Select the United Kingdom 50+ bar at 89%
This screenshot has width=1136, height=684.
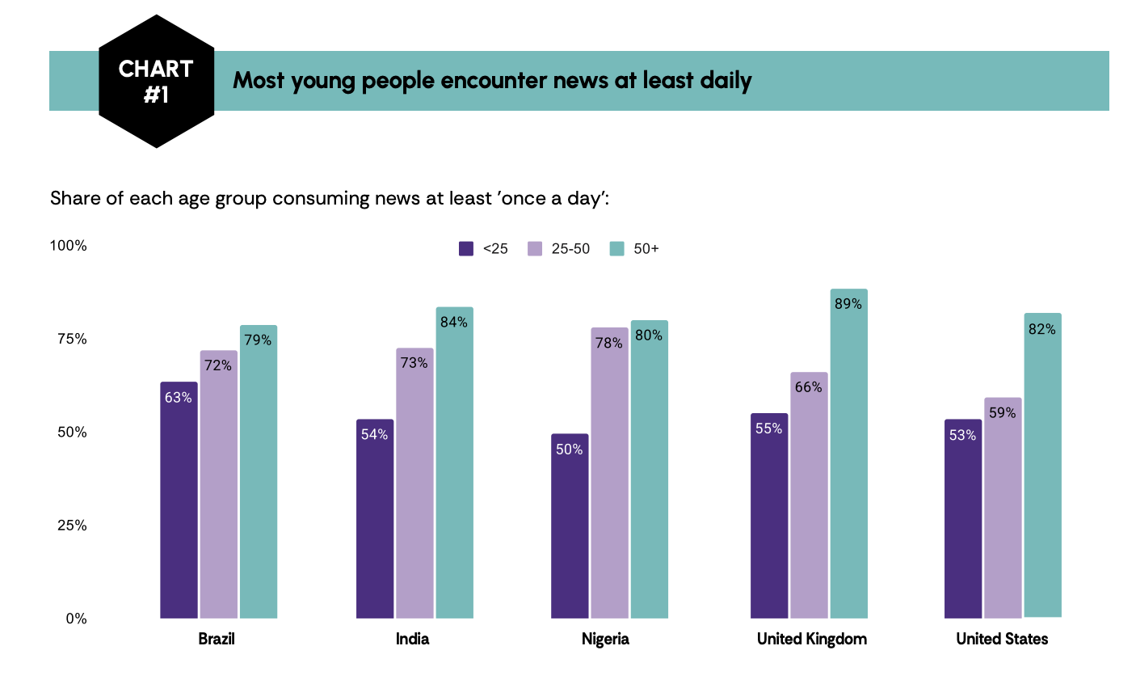tap(848, 454)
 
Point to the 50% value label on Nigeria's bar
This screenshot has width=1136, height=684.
tap(569, 450)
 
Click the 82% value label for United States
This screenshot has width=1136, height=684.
tap(1042, 329)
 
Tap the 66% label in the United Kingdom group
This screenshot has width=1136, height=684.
tap(808, 387)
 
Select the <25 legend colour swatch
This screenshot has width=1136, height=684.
tap(466, 249)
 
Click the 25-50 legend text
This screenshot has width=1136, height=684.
tap(570, 249)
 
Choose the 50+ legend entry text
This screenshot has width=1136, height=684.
tap(646, 249)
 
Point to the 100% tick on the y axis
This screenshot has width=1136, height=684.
tap(69, 246)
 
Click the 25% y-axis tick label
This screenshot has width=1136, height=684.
tap(72, 526)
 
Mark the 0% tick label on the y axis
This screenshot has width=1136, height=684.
tap(76, 619)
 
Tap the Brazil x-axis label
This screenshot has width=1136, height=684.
tap(217, 639)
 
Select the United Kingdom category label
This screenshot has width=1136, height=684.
tap(811, 639)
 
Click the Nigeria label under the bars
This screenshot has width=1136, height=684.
tap(605, 639)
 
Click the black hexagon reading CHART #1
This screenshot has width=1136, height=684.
tap(156, 81)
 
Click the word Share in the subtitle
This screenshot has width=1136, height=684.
tap(75, 198)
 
